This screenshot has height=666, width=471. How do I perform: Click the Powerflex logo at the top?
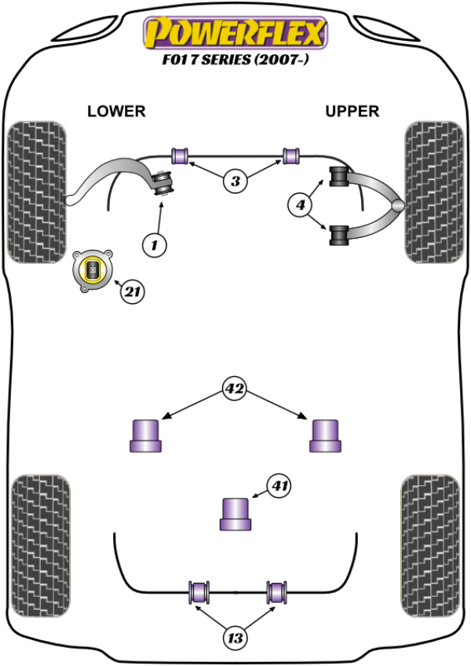(x=233, y=32)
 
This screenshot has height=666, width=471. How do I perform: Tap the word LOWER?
(x=116, y=112)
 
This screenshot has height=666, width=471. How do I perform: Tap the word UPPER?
(x=352, y=112)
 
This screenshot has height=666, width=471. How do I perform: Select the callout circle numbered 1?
(x=155, y=246)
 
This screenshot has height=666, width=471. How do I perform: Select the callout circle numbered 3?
(x=234, y=181)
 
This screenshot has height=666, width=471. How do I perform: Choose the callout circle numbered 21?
(x=133, y=292)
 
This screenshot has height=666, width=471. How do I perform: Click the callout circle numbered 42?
(x=234, y=388)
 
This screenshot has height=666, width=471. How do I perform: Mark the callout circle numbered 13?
(x=234, y=638)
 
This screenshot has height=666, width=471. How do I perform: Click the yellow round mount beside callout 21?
(x=93, y=271)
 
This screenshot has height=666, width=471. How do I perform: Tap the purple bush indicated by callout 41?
(x=235, y=514)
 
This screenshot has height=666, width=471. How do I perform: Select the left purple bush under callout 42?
(x=144, y=436)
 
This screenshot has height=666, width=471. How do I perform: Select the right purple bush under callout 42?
(x=324, y=436)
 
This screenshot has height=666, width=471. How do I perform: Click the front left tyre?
(x=36, y=191)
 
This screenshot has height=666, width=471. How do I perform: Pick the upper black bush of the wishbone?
(x=340, y=177)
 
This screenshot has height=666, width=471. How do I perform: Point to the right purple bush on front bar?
(x=292, y=156)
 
